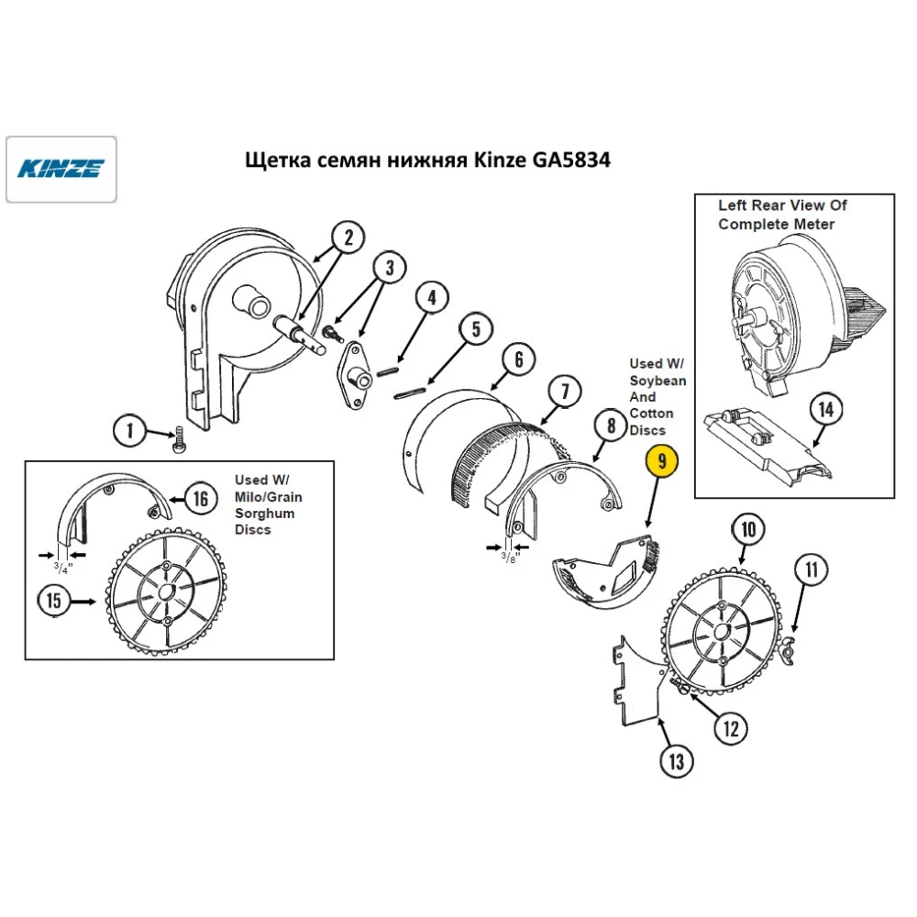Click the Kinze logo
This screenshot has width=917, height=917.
(x=61, y=169)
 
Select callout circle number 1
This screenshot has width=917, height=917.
(x=130, y=429)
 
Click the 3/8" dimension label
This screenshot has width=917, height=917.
(x=510, y=556)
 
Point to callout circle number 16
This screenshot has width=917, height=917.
(x=201, y=498)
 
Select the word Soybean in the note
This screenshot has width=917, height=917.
(x=657, y=380)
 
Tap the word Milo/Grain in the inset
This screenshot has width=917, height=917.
(x=266, y=496)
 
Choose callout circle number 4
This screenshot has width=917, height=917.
(x=432, y=299)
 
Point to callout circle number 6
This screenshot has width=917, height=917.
(x=518, y=359)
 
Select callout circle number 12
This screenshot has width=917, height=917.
(x=730, y=729)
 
